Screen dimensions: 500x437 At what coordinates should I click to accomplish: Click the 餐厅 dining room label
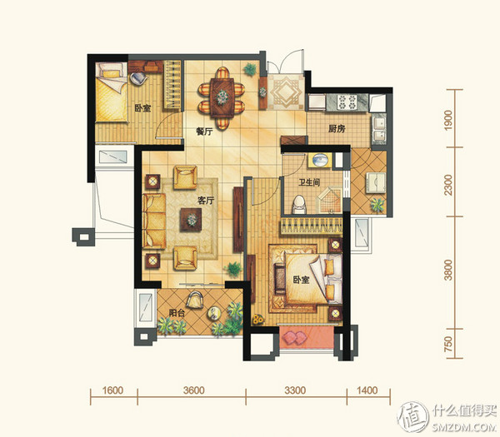pyautogui.click(x=204, y=131)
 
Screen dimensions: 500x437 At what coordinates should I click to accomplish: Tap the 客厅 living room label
pyautogui.click(x=206, y=201)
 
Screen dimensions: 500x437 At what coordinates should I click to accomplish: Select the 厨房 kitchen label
pyautogui.click(x=337, y=129)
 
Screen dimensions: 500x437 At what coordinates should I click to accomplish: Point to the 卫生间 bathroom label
pyautogui.click(x=309, y=182)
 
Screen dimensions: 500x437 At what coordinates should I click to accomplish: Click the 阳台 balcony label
pyautogui.click(x=177, y=313)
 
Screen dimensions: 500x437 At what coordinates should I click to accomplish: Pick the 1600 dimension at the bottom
pyautogui.click(x=112, y=390)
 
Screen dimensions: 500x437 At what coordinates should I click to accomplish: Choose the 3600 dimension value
pyautogui.click(x=193, y=390)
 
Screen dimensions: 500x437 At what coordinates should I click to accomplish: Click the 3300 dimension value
pyautogui.click(x=295, y=390)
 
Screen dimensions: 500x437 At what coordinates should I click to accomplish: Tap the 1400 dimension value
pyautogui.click(x=367, y=390)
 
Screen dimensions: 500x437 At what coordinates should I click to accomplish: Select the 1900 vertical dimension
pyautogui.click(x=448, y=120)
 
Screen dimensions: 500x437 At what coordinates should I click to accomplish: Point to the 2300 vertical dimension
pyautogui.click(x=448, y=186)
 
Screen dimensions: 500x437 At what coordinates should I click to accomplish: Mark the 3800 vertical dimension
pyautogui.click(x=448, y=270)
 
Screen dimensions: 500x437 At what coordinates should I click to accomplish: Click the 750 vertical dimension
pyautogui.click(x=448, y=344)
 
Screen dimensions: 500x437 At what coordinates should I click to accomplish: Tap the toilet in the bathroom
pyautogui.click(x=299, y=205)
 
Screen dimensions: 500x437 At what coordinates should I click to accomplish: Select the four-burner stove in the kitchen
pyautogui.click(x=347, y=102)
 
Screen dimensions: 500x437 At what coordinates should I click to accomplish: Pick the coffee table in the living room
pyautogui.click(x=191, y=220)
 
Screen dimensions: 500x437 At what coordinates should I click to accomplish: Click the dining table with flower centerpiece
pyautogui.click(x=222, y=97)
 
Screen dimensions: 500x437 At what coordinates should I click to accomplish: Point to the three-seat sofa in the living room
pyautogui.click(x=154, y=221)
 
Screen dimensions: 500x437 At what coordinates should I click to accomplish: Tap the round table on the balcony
pyautogui.click(x=214, y=314)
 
